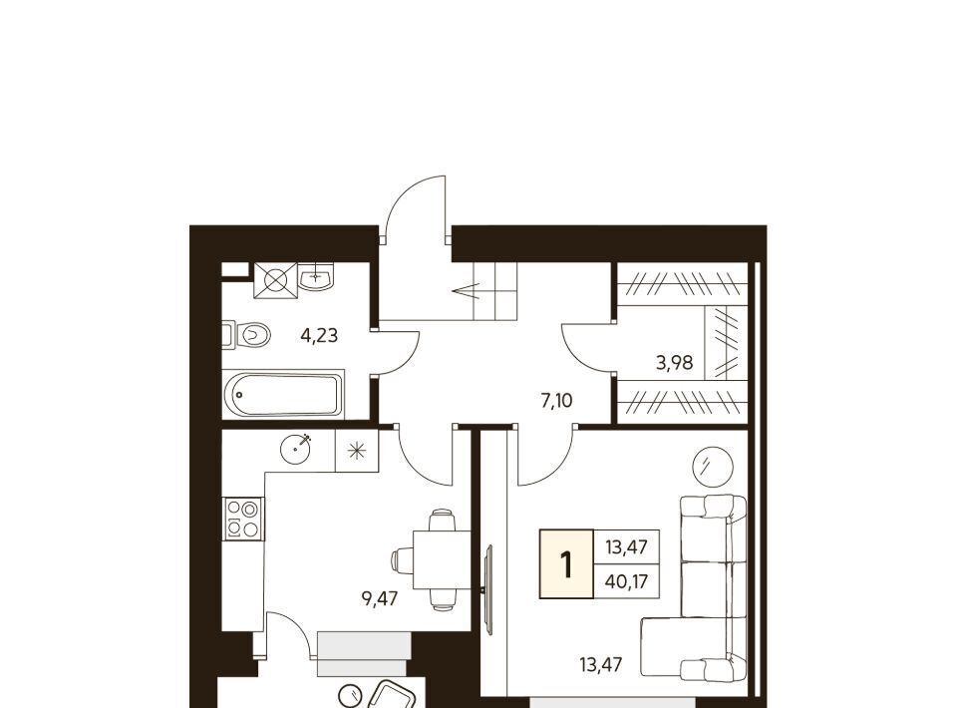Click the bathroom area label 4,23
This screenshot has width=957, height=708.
click(x=319, y=335)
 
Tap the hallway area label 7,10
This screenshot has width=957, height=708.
click(x=556, y=401)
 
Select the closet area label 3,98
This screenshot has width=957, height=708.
click(x=675, y=363)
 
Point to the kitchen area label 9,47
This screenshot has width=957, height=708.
click(x=380, y=598)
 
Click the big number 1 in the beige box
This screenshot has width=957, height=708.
click(x=566, y=564)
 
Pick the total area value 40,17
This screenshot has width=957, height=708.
click(x=626, y=581)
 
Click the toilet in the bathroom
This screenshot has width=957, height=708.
click(x=246, y=334)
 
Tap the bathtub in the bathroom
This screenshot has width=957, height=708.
click(x=283, y=394)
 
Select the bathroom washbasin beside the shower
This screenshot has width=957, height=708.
click(x=316, y=276)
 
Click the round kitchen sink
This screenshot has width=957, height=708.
click(x=295, y=449)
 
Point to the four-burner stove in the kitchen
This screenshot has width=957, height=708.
click(x=243, y=519)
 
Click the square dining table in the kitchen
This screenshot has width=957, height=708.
click(x=442, y=559)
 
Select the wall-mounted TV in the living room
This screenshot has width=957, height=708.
click(x=488, y=590)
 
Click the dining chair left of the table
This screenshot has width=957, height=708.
click(x=402, y=560)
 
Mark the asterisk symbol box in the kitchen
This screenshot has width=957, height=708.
click(x=357, y=451)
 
